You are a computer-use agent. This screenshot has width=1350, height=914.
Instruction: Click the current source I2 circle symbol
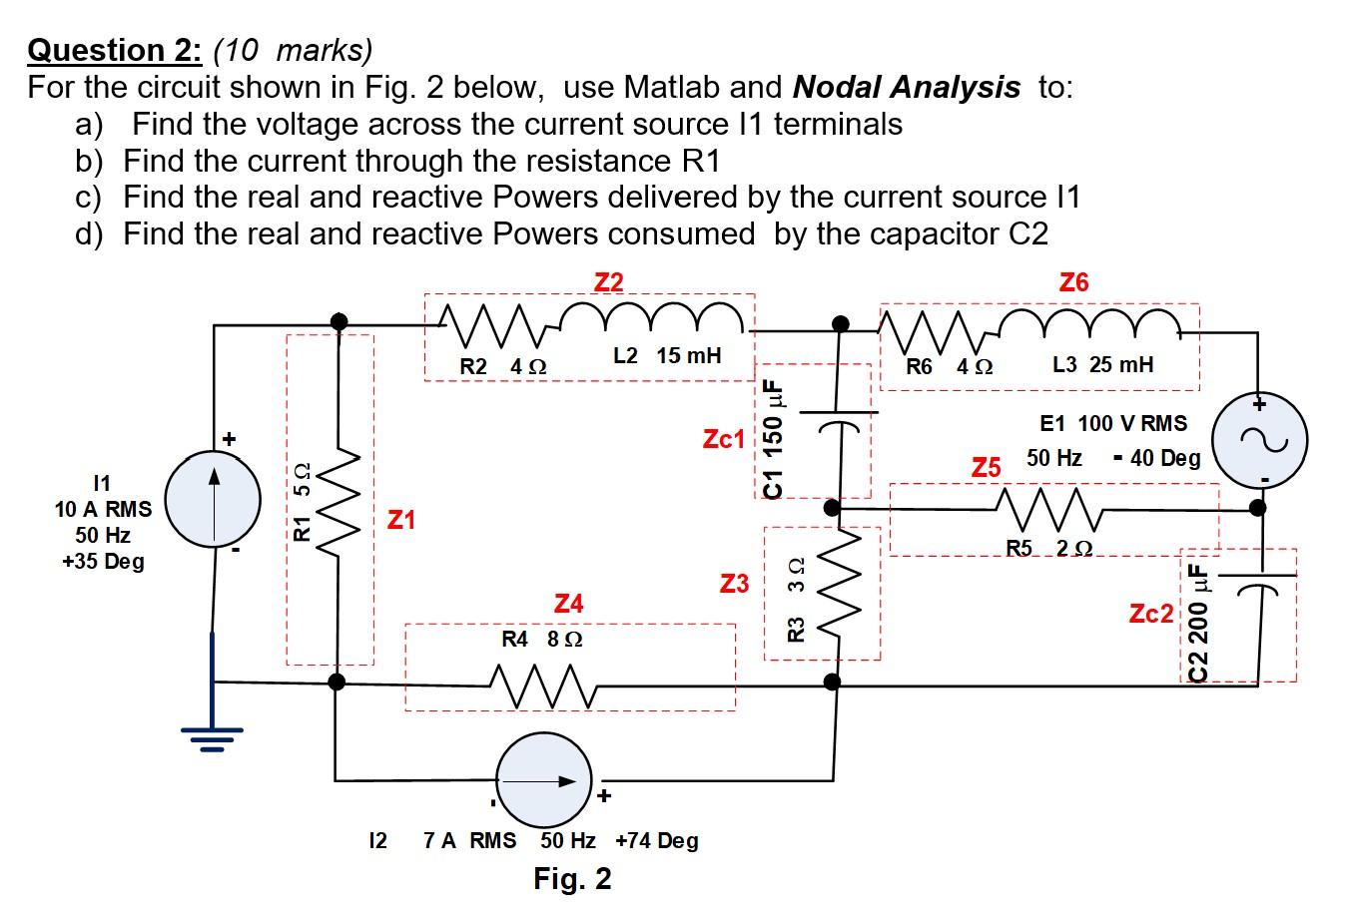click(x=546, y=781)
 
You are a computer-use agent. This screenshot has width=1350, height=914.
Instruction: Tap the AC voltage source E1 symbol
click(x=1257, y=439)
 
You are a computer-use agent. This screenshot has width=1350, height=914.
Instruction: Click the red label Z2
click(x=608, y=282)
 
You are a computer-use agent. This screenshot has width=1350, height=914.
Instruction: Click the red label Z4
click(x=568, y=604)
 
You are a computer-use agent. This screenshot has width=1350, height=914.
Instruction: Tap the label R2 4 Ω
click(x=502, y=366)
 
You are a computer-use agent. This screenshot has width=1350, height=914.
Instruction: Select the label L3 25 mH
click(x=1102, y=365)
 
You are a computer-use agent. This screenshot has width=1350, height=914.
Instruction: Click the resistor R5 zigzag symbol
click(x=1048, y=509)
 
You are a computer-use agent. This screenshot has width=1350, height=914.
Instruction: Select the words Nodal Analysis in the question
click(x=906, y=88)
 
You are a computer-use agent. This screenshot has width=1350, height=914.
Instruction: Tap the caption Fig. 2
click(x=572, y=879)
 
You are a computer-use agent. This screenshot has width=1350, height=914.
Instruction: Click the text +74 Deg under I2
click(x=657, y=841)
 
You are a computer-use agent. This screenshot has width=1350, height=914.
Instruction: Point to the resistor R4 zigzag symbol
click(x=544, y=685)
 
